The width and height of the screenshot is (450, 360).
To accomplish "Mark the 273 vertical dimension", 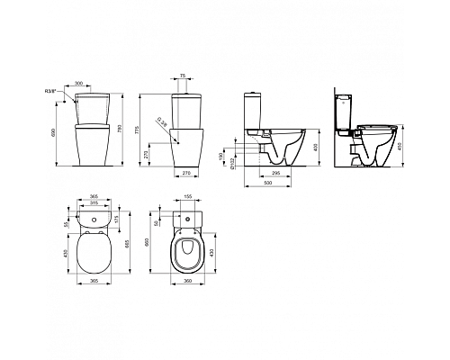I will click(148, 153).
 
